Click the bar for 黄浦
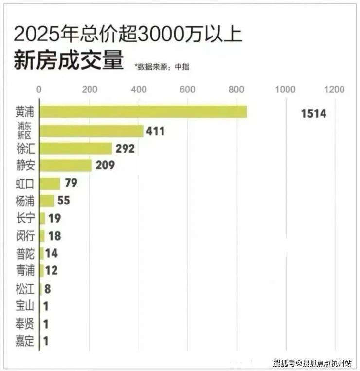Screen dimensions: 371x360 point(143,112)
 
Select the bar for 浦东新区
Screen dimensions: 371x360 point(91,131)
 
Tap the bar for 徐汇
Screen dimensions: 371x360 point(75,148)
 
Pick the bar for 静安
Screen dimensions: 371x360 point(65,166)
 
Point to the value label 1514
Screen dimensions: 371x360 point(313,114)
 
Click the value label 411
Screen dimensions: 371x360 point(155,131)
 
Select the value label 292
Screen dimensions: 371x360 point(125,148)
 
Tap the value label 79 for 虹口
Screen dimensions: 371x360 point(71,183)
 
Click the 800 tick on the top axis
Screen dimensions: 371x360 point(237,89)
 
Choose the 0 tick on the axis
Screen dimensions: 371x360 point(39,89)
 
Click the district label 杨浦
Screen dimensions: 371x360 point(25,201)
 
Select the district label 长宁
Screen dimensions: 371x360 point(25,218)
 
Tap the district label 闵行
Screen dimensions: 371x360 point(25,236)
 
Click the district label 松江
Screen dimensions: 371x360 point(25,289)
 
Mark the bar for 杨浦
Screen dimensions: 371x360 point(47,201)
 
